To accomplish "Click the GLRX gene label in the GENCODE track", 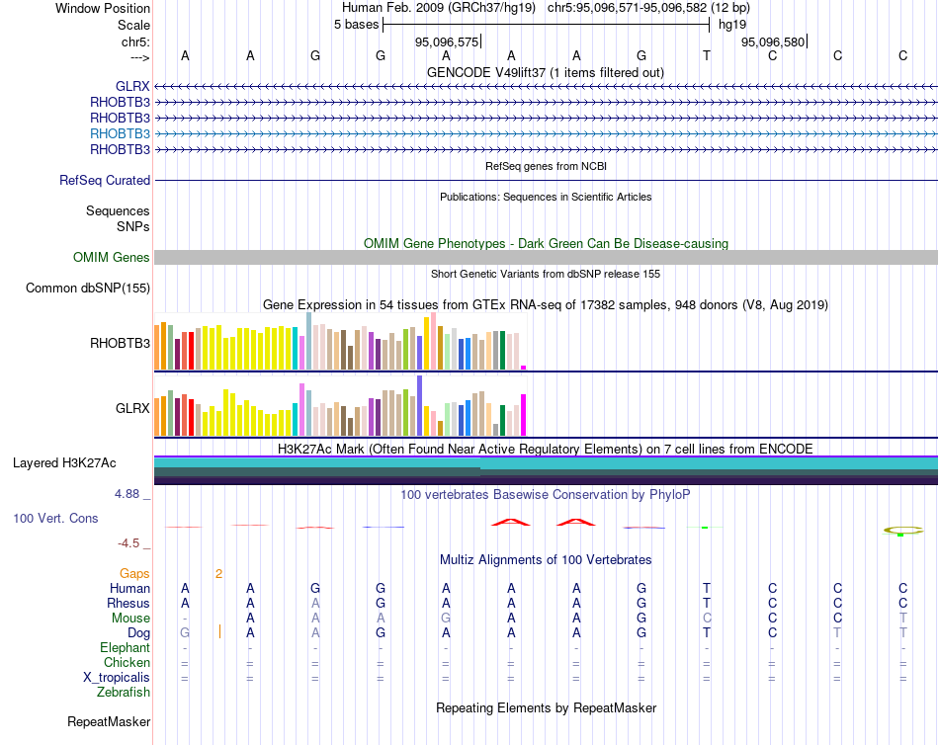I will click(132, 86).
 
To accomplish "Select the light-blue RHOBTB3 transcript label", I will click(120, 133).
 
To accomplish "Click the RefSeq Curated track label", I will click(105, 181).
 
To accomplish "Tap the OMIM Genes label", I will click(112, 258).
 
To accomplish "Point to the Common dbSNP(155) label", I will click(88, 289).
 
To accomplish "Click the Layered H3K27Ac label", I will click(64, 463).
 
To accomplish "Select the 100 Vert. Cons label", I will click(57, 518).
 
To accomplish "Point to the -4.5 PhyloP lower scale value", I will click(132, 542).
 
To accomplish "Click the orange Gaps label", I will click(134, 573).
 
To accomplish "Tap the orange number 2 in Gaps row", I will click(219, 573).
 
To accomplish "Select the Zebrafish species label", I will click(124, 693).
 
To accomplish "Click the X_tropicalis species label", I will click(117, 678).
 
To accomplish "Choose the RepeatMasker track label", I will click(109, 722).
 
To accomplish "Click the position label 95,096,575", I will click(447, 42).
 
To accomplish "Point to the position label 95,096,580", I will click(773, 42).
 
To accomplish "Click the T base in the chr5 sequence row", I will click(707, 55).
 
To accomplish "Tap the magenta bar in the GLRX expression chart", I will click(523, 414).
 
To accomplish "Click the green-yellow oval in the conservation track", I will click(901, 532).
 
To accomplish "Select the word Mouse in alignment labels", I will click(130, 618).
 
